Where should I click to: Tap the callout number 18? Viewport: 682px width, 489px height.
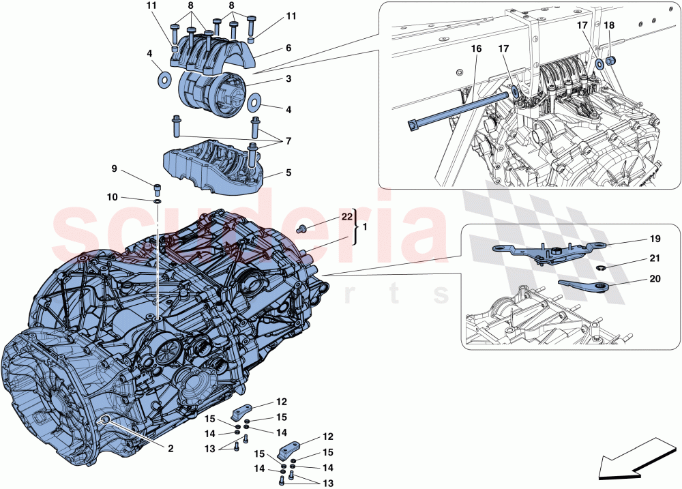pyautogui.click(x=609, y=25)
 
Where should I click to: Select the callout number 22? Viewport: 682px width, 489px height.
pyautogui.click(x=346, y=217)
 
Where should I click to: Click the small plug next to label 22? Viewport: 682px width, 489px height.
pyautogui.click(x=302, y=227)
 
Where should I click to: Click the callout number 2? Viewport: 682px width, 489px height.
pyautogui.click(x=170, y=449)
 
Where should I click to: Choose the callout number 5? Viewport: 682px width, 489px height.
pyautogui.click(x=288, y=173)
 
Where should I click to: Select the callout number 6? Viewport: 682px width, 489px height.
pyautogui.click(x=288, y=48)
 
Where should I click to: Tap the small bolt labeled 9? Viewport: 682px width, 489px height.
pyautogui.click(x=157, y=190)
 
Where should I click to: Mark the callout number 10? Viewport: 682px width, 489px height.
pyautogui.click(x=112, y=197)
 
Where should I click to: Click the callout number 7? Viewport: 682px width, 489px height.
pyautogui.click(x=288, y=140)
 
